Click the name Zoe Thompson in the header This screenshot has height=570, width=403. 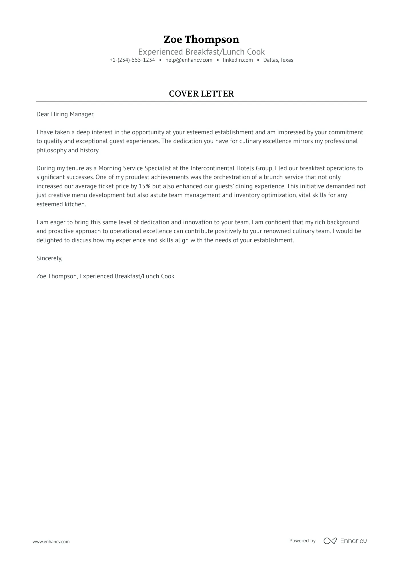pos(201,39)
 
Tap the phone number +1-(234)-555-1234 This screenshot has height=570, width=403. pos(132,60)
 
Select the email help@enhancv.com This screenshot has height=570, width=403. pos(189,60)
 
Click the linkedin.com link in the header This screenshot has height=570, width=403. pos(238,60)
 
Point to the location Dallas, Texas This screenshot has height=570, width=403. pos(278,60)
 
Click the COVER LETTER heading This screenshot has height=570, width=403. pos(201,94)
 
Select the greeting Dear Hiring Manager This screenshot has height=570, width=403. pos(65,114)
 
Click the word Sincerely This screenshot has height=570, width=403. pos(49,258)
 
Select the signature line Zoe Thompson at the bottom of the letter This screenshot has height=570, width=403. pos(57,276)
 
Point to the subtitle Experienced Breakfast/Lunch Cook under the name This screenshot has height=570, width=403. pos(201,52)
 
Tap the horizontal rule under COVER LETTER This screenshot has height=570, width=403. pos(201,102)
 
